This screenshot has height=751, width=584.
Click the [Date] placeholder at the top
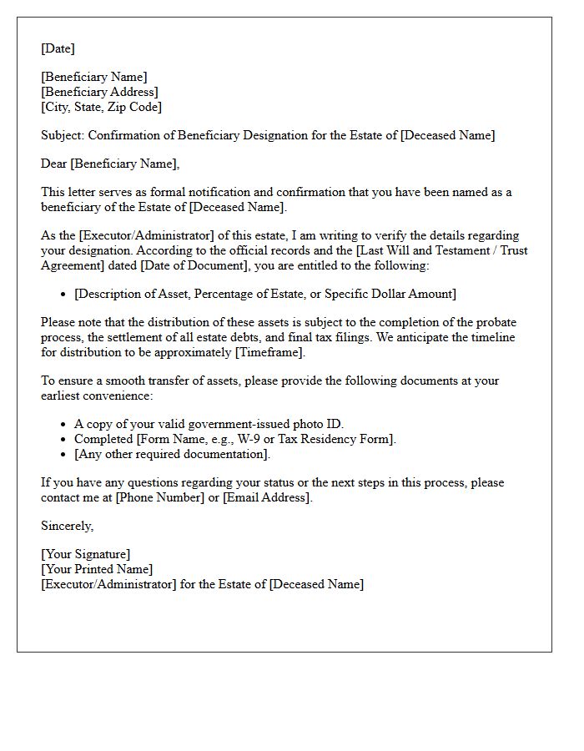pos(58,48)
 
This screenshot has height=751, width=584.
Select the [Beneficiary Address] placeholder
pos(99,92)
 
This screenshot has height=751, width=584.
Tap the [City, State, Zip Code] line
pos(101,107)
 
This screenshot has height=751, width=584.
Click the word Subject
pos(62,135)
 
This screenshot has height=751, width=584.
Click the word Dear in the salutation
pos(54,164)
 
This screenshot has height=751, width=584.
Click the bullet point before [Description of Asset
pos(64,295)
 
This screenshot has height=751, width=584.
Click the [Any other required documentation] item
pos(172,454)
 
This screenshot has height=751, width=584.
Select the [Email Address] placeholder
pos(266,497)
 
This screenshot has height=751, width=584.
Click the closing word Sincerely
pos(67,526)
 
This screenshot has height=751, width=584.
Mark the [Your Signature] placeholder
pos(85,554)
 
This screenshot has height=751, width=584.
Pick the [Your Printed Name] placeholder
pos(97,569)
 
